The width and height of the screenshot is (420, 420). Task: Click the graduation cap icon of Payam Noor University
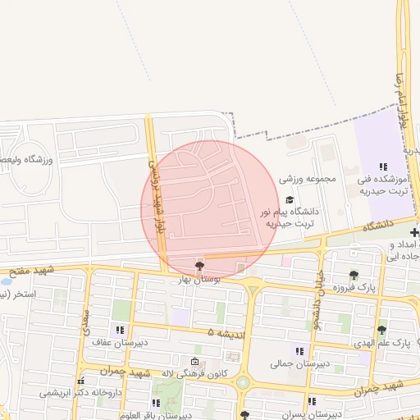click(289, 199)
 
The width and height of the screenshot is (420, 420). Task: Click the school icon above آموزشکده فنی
click(383, 167)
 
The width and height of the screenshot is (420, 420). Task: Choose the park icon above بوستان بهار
click(199, 265)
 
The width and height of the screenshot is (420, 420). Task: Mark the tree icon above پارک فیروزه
click(354, 275)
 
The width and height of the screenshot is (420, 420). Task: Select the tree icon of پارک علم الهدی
click(381, 330)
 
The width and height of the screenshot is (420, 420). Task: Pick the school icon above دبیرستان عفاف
click(121, 330)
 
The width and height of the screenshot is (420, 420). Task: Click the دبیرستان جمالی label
click(300, 362)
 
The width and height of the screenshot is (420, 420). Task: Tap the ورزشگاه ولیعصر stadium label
click(28, 159)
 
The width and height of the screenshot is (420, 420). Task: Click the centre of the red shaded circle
click(211, 208)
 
